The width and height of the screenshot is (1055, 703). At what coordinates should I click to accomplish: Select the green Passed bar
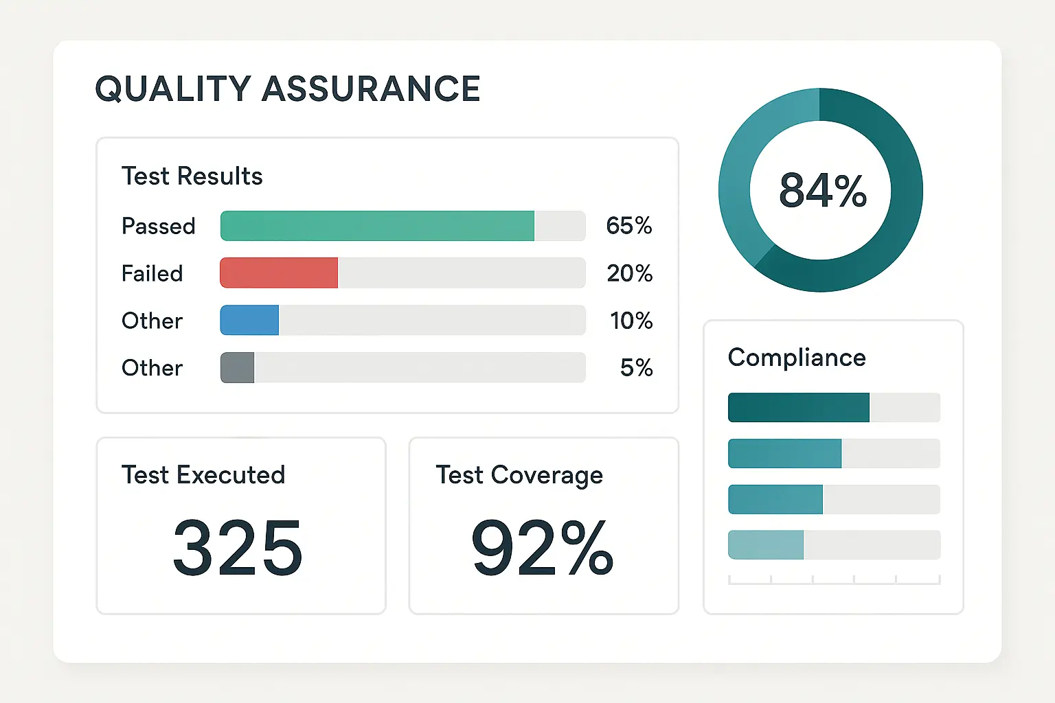[x=377, y=226]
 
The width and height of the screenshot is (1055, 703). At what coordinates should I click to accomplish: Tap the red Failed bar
[x=279, y=273]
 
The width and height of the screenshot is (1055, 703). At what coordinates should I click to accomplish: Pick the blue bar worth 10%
[x=249, y=321]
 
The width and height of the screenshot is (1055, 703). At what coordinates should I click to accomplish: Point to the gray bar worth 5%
[x=237, y=368]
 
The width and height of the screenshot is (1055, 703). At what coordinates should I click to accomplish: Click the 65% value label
[x=628, y=226]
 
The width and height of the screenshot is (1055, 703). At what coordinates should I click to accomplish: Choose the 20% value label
[x=629, y=273]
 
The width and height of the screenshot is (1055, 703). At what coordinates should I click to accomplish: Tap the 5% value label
[x=636, y=368]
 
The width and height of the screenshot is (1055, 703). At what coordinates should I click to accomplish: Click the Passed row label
[x=158, y=226]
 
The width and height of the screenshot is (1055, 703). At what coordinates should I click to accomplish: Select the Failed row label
[x=152, y=273]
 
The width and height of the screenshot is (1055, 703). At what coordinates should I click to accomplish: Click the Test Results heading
[x=192, y=176]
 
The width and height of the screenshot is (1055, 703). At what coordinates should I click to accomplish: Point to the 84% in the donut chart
[x=822, y=190]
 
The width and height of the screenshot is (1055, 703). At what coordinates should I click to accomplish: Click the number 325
[x=237, y=548]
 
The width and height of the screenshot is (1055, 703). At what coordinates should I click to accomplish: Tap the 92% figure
[x=542, y=548]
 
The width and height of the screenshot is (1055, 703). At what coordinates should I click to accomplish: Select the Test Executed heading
[x=203, y=475]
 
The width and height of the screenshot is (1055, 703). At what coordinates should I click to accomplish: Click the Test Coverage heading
[x=519, y=475]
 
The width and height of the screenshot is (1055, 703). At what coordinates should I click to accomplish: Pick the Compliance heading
[x=797, y=358]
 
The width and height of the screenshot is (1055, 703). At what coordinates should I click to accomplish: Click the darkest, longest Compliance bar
[x=798, y=408]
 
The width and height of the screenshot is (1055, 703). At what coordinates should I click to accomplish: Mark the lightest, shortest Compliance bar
[x=765, y=545]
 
